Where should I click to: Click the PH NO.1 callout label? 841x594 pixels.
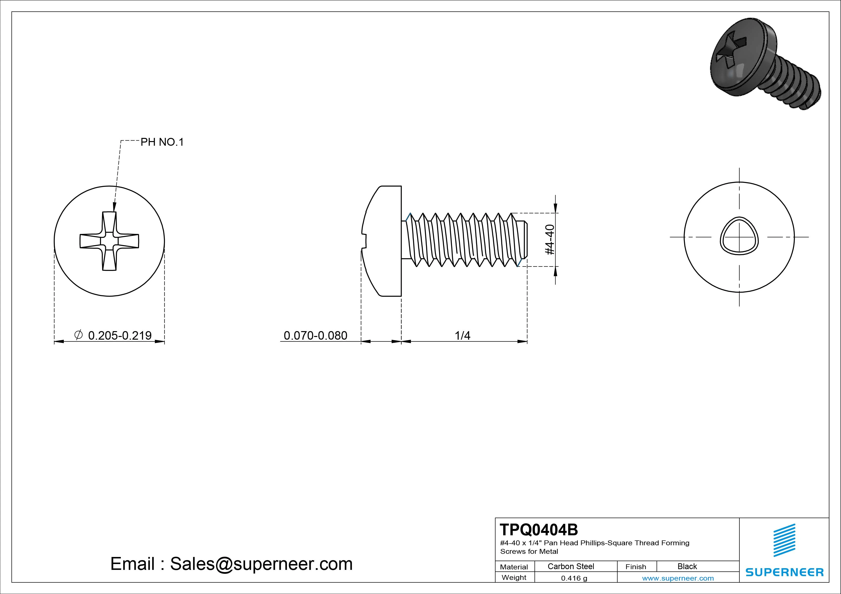162,142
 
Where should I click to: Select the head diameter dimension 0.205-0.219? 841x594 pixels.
120,335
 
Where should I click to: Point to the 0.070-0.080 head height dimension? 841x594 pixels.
315,335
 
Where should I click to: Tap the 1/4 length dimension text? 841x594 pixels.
462,335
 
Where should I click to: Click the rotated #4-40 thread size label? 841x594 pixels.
550,240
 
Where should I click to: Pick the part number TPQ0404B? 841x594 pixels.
539,529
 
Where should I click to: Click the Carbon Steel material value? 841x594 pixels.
571,566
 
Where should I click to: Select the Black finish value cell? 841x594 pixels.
687,566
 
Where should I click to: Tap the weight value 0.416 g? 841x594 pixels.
574,578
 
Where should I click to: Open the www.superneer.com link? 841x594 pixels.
678,578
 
